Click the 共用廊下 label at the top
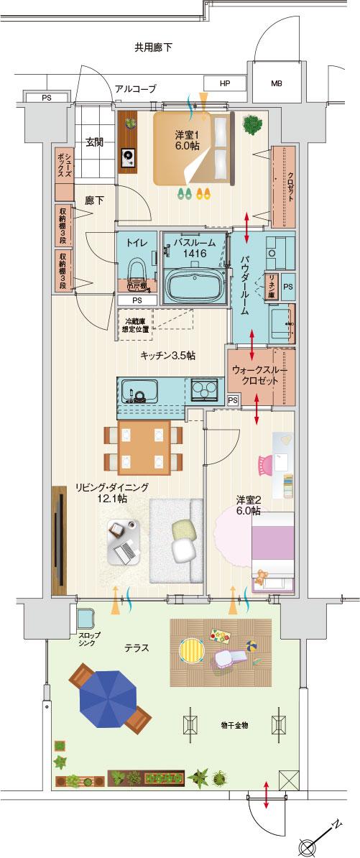pyautogui.click(x=153, y=48)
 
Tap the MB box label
pyautogui.click(x=276, y=83)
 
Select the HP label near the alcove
pyautogui.click(x=225, y=83)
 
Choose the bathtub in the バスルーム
pyautogui.click(x=193, y=285)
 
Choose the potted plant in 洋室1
pyautogui.click(x=252, y=124)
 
